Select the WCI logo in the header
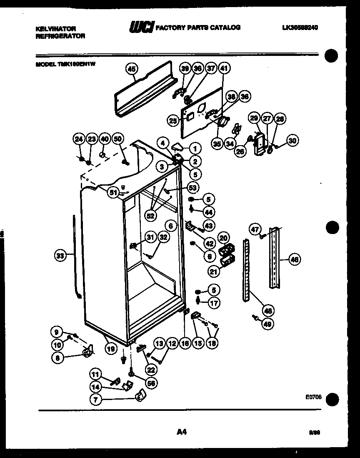coord(142,28)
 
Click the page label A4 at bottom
coord(181,433)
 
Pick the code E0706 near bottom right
coord(313,398)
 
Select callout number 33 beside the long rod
coord(61,256)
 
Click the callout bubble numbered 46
coord(294,260)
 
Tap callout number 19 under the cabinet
coord(110,349)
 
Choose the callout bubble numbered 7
coord(96,400)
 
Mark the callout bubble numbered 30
coord(292,141)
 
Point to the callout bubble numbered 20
coord(223,237)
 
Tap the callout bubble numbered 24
coord(79,139)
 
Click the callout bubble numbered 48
coord(268,310)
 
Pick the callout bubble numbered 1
coord(195,148)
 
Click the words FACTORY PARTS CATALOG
coord(198,28)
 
